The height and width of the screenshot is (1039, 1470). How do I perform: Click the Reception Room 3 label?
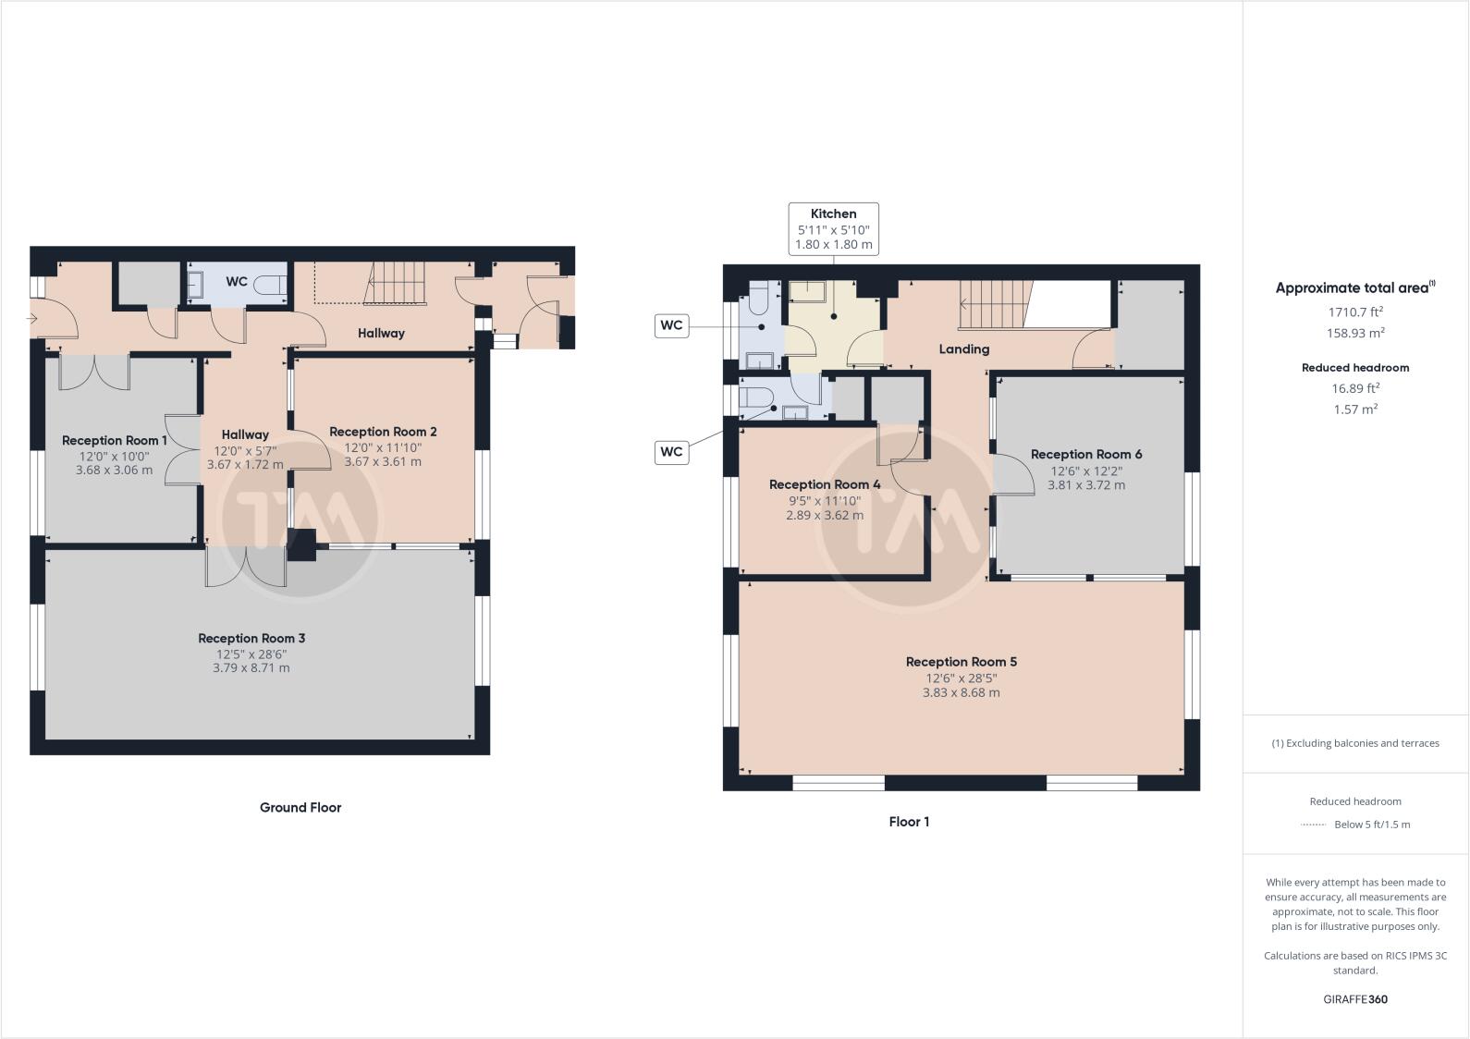click(251, 638)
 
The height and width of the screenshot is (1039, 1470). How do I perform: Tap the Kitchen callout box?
click(833, 229)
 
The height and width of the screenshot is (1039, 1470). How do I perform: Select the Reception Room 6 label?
click(1085, 454)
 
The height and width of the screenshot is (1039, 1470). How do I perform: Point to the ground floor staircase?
click(398, 283)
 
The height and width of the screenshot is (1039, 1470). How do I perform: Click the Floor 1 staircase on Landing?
click(994, 305)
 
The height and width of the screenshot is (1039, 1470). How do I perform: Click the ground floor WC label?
click(237, 281)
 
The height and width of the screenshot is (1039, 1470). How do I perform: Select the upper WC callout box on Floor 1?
click(671, 325)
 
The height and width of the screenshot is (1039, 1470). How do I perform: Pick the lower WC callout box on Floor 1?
click(671, 451)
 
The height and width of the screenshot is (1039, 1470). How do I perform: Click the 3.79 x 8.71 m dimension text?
click(251, 667)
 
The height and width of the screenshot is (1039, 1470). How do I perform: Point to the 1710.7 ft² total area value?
click(1355, 312)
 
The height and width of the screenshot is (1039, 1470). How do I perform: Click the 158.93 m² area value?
click(1355, 333)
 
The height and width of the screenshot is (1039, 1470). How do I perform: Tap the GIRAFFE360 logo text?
click(1355, 999)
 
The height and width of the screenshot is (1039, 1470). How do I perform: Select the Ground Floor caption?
click(300, 807)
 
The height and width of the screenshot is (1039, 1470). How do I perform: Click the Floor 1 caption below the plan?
click(909, 821)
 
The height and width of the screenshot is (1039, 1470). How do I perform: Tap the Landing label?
click(963, 348)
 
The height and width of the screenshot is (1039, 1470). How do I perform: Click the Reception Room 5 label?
click(961, 662)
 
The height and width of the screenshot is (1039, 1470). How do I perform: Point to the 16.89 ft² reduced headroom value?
click(1355, 388)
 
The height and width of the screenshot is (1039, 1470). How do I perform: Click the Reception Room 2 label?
click(383, 432)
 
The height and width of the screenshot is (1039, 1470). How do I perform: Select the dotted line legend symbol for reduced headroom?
click(1313, 825)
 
